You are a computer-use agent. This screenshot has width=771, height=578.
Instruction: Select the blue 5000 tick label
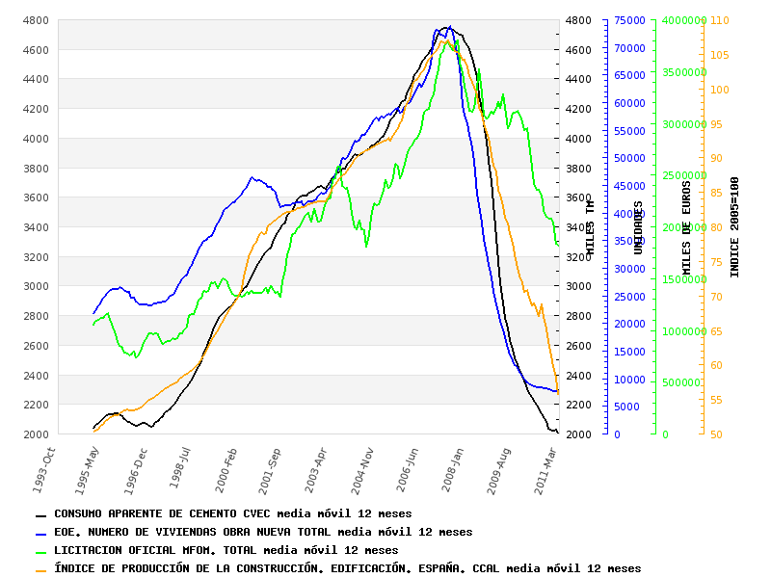[626, 407]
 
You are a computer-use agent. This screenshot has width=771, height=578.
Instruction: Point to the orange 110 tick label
[720, 20]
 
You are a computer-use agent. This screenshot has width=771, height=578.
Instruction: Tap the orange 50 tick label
[717, 434]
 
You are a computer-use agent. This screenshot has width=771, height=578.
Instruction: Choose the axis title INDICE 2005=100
[734, 227]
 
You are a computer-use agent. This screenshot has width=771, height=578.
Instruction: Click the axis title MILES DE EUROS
[687, 228]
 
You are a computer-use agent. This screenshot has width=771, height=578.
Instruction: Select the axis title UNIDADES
[638, 227]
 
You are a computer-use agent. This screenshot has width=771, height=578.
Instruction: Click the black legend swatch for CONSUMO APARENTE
[40, 515]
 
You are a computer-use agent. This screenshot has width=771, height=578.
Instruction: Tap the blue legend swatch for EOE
[40, 534]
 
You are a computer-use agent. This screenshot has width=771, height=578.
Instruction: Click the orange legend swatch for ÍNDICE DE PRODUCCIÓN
[40, 570]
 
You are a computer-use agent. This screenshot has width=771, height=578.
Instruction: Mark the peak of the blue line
[449, 27]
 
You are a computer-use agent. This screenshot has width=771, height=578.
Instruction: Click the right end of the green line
[558, 245]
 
